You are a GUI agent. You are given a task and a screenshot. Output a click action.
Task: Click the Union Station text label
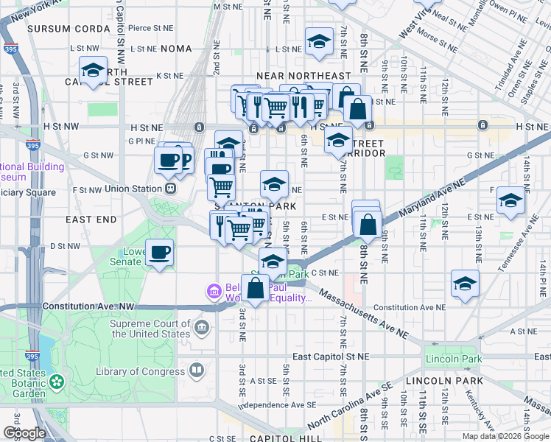coord(133,189)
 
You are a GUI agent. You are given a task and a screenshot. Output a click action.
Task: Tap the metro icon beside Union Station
coord(170,189)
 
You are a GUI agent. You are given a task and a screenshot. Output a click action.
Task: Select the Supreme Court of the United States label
coord(150,329)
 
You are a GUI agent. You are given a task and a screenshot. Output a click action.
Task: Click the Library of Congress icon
coord(197,371)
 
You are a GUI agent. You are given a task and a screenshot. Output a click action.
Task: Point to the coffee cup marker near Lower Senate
coord(160,253)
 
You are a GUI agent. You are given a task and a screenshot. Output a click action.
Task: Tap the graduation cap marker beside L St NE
coord(319,42)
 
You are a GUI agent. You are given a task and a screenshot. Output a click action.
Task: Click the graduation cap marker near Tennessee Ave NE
coord(510,200)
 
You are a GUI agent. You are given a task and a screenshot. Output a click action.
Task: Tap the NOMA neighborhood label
coord(177,49)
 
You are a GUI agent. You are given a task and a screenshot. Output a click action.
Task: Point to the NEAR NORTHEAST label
coord(303,76)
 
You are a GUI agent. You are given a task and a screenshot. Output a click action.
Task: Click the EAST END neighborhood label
coord(91,220)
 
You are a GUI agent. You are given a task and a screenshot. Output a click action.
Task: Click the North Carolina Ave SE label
coord(350,407)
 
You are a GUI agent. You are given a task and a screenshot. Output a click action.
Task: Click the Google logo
coord(24,433)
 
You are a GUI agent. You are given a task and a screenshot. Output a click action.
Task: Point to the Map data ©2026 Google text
coord(505,436)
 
